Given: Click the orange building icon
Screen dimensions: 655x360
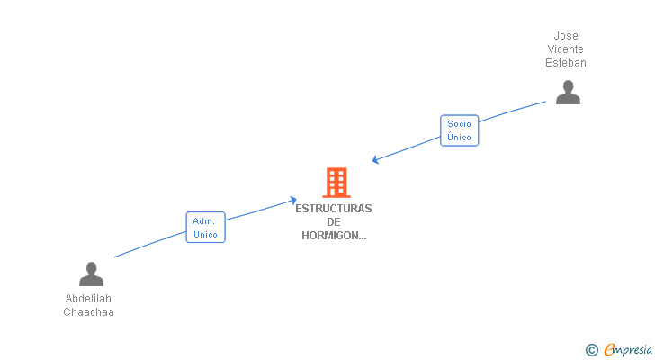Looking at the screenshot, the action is click(336, 183).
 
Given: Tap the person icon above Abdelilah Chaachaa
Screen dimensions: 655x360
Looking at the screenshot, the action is click(91, 274).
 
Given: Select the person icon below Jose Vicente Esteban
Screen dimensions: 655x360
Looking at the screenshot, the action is click(568, 93).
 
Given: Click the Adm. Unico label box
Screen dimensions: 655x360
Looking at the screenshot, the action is click(205, 227).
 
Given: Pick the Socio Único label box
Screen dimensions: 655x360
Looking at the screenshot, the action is click(459, 130).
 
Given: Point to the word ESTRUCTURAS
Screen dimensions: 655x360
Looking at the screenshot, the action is click(333, 209).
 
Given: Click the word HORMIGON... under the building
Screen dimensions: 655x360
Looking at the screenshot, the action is click(334, 236).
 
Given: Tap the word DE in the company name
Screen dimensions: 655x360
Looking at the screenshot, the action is click(333, 222).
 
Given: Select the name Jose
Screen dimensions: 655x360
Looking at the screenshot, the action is click(566, 36).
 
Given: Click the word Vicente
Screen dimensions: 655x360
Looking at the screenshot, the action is click(565, 49).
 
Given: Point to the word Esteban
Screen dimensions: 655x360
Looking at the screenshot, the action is click(566, 63).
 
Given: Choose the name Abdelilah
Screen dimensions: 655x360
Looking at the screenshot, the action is click(88, 299).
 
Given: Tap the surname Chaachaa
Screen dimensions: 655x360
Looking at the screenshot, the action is click(88, 312).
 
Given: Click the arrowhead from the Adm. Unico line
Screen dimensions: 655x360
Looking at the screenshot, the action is click(293, 201).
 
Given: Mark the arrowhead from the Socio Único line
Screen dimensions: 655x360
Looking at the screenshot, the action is click(375, 159).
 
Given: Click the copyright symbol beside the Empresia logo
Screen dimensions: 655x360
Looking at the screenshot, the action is click(591, 350).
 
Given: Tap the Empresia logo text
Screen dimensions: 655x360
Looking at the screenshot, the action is click(628, 350).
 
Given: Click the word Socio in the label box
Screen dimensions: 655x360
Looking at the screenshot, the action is click(459, 124).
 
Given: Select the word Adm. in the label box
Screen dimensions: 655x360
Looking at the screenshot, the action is click(203, 221).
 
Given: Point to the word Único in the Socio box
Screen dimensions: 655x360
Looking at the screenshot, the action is click(459, 137).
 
